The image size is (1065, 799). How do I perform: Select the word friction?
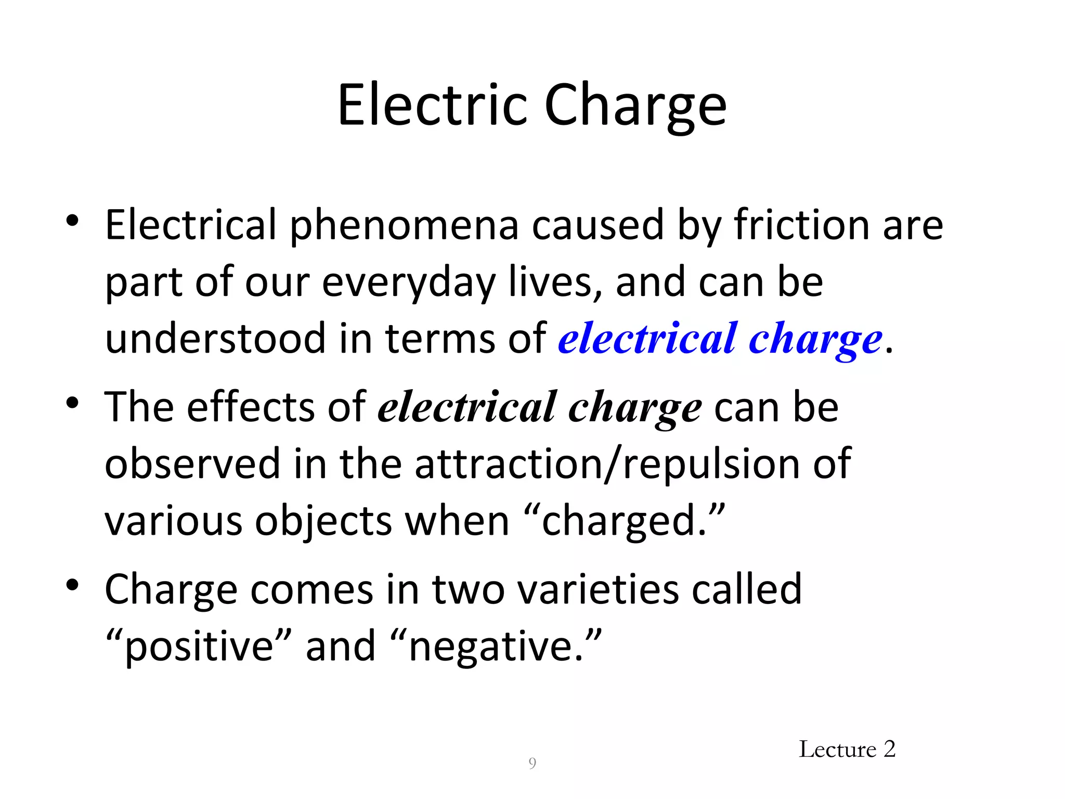click(801, 225)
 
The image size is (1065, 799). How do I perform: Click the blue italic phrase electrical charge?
click(720, 340)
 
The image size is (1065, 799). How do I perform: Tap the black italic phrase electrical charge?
click(540, 407)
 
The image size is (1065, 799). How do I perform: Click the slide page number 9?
click(532, 764)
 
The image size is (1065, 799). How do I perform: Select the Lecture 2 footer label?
click(847, 750)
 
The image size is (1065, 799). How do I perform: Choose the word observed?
click(192, 464)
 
